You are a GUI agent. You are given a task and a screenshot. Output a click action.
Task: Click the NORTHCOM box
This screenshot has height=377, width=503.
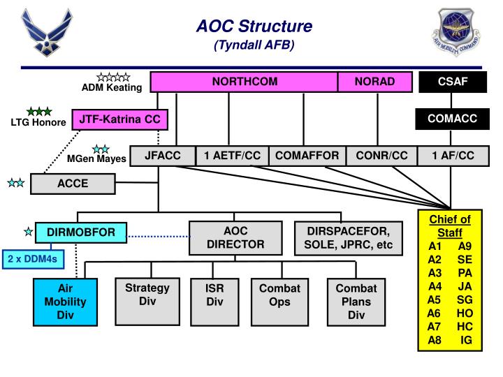(245, 82)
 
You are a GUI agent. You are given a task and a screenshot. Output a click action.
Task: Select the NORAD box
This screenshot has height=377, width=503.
(374, 82)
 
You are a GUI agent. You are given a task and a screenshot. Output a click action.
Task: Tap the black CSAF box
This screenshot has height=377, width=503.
(452, 82)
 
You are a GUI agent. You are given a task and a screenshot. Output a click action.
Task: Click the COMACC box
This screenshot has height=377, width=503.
(452, 119)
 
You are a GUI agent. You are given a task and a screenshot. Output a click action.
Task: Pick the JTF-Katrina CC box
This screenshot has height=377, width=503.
(119, 120)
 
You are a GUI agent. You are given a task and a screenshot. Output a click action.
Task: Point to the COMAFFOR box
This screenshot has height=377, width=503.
(307, 156)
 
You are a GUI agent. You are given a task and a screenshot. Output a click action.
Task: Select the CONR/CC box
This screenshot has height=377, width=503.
(381, 156)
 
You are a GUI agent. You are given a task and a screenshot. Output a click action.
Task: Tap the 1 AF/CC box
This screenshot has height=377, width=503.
(453, 156)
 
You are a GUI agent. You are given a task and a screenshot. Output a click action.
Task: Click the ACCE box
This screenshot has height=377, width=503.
(73, 184)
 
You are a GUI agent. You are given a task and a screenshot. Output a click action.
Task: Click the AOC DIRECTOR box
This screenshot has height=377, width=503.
(235, 237)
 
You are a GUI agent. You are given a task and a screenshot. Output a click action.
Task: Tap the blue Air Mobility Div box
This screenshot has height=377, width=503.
(65, 302)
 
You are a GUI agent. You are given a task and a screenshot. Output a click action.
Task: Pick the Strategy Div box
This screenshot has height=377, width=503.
(147, 301)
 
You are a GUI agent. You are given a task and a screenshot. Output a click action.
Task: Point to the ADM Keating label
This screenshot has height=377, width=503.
(112, 87)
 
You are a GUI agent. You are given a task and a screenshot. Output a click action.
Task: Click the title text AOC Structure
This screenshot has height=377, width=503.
(254, 27)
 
